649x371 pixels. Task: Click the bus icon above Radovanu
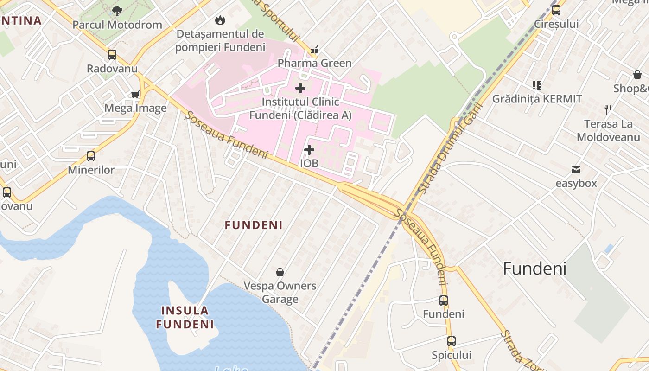pyautogui.click(x=112, y=55)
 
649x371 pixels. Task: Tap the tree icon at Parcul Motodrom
pyautogui.click(x=117, y=11)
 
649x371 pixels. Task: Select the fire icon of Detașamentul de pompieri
pyautogui.click(x=220, y=20)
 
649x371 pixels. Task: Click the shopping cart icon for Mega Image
pyautogui.click(x=135, y=95)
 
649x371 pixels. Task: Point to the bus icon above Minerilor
pyautogui.click(x=91, y=156)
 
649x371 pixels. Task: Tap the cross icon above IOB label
pyautogui.click(x=309, y=150)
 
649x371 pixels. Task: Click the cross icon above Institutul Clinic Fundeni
pyautogui.click(x=300, y=88)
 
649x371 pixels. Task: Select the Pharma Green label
pyautogui.click(x=314, y=63)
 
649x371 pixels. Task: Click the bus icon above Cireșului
pyautogui.click(x=556, y=10)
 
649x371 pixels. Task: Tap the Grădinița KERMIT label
pyautogui.click(x=537, y=99)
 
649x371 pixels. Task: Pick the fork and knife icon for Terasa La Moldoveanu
pyautogui.click(x=608, y=110)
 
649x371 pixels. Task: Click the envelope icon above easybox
pyautogui.click(x=576, y=169)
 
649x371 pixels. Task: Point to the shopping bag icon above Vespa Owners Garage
pyautogui.click(x=280, y=272)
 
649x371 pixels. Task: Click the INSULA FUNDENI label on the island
pyautogui.click(x=185, y=317)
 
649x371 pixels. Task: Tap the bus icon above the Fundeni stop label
pyautogui.click(x=443, y=301)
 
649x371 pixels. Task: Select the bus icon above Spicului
pyautogui.click(x=451, y=341)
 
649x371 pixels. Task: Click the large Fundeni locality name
pyautogui.click(x=534, y=269)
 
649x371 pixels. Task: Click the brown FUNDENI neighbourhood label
pyautogui.click(x=254, y=225)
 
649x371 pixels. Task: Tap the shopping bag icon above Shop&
pyautogui.click(x=637, y=75)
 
